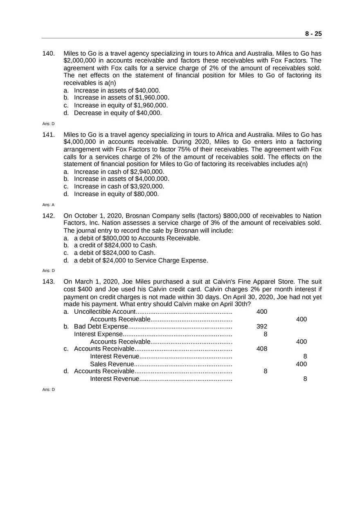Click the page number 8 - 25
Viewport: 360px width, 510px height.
click(313, 34)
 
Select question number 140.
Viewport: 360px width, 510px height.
click(49, 54)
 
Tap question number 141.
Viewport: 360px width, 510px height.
click(49, 135)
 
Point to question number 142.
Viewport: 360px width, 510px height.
click(49, 216)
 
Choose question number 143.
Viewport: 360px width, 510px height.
click(49, 282)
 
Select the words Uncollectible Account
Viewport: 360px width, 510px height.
click(104, 312)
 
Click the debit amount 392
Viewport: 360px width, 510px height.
click(261, 326)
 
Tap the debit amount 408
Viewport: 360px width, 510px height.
click(261, 349)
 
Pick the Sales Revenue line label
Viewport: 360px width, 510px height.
click(112, 364)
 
